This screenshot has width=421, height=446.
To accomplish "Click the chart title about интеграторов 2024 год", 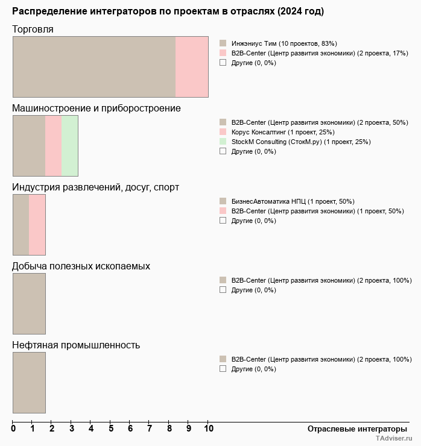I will point(168,11).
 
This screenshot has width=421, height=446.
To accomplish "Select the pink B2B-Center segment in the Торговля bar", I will point(192,67).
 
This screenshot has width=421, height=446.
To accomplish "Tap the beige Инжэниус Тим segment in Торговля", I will point(94,67).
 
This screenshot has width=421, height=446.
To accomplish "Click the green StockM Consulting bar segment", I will point(70,146).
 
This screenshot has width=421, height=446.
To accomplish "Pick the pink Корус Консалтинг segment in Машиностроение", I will point(54,146).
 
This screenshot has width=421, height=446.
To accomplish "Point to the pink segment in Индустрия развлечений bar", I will point(37,225).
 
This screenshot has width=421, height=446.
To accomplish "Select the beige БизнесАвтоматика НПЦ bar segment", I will point(21,225).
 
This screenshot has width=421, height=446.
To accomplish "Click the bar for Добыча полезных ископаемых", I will point(29,304).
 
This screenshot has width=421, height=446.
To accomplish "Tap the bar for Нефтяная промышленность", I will point(29,383).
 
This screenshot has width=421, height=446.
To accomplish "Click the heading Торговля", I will point(33,30).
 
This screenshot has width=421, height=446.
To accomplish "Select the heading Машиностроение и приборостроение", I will point(97,108).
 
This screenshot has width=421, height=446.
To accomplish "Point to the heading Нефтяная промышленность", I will point(76,345).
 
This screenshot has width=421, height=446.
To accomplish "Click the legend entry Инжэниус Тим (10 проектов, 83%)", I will point(283,43).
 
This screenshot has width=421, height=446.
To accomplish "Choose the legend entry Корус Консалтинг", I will point(282,132).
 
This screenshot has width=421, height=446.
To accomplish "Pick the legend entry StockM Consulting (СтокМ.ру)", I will point(300,142).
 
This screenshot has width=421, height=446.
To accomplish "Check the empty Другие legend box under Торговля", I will point(223,63).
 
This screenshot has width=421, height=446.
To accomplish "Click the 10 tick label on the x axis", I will point(208,429).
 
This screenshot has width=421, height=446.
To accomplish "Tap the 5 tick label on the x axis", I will point(110,429).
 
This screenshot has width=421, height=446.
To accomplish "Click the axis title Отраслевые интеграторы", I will point(353,429).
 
